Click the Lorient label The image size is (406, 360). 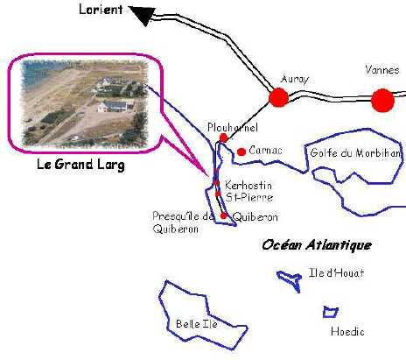[101, 9]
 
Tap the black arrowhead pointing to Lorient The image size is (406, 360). [143, 15]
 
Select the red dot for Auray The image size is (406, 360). [278, 97]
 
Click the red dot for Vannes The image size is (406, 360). [382, 100]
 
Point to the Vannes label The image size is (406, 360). [382, 70]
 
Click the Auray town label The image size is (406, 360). [295, 79]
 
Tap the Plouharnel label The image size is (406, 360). [233, 127]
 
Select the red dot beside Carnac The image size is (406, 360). [241, 152]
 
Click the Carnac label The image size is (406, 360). [265, 151]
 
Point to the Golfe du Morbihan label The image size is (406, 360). [355, 153]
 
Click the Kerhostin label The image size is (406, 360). [248, 185]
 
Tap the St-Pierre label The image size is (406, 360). [249, 197]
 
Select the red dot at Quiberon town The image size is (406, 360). [223, 215]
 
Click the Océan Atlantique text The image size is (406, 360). [317, 244]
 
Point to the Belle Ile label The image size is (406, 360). [197, 324]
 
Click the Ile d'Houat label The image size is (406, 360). [336, 273]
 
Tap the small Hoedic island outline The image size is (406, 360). [331, 312]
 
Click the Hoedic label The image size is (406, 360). [347, 331]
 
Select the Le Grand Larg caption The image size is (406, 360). [80, 165]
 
